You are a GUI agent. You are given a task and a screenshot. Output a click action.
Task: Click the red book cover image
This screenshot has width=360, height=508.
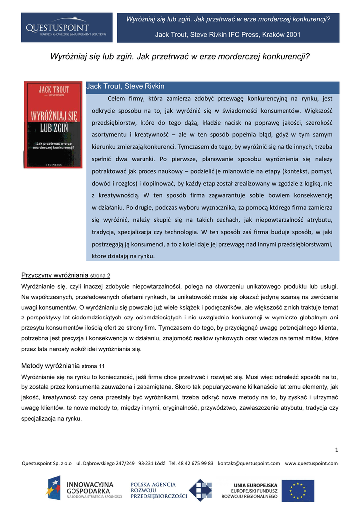pos(54,125)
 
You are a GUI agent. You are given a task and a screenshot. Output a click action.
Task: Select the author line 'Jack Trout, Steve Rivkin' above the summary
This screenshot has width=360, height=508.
pos(125,86)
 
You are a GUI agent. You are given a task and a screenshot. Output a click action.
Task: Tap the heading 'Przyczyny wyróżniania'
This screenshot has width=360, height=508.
pos(55,275)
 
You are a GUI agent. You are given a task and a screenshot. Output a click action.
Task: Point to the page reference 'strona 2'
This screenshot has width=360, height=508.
pos(100,275)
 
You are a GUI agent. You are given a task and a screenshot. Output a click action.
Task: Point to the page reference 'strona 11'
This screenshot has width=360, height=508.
pos(93,366)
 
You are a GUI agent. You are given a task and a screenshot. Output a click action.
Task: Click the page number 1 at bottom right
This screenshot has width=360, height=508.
pos(336,450)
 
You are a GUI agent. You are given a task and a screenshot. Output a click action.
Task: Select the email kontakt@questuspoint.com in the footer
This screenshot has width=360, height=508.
pos(249,463)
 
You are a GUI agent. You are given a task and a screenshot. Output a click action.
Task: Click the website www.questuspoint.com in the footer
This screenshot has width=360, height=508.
pos(311,463)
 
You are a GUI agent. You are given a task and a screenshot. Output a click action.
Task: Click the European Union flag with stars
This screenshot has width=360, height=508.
pos(298,490)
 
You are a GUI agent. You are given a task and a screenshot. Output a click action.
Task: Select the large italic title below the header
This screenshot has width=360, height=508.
pos(180,56)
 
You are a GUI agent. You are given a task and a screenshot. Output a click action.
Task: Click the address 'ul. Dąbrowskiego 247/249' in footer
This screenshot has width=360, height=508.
pos(105,463)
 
